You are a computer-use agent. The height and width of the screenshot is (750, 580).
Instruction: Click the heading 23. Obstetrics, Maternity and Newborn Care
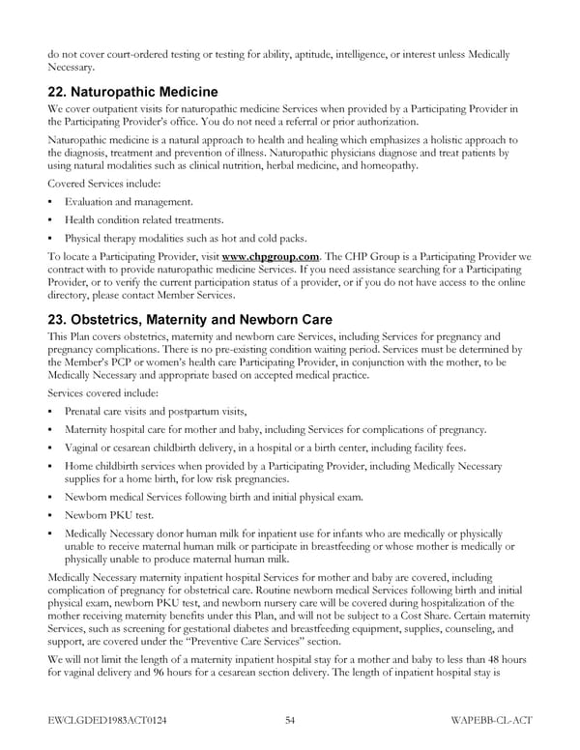[189, 320]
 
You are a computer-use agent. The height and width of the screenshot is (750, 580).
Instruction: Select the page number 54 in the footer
[290, 719]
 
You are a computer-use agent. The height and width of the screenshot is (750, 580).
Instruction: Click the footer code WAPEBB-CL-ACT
[490, 719]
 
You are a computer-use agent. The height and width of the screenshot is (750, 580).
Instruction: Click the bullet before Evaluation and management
[49, 202]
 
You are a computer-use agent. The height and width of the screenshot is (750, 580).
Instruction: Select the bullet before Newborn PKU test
[49, 515]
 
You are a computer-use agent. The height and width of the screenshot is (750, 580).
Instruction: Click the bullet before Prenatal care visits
[49, 412]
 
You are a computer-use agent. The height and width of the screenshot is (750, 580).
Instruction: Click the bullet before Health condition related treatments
[49, 220]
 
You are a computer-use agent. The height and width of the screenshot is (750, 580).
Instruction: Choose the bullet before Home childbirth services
[49, 466]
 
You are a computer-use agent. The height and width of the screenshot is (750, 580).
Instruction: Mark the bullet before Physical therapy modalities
[49, 238]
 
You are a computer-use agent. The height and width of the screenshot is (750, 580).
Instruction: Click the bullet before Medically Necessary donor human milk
[49, 534]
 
